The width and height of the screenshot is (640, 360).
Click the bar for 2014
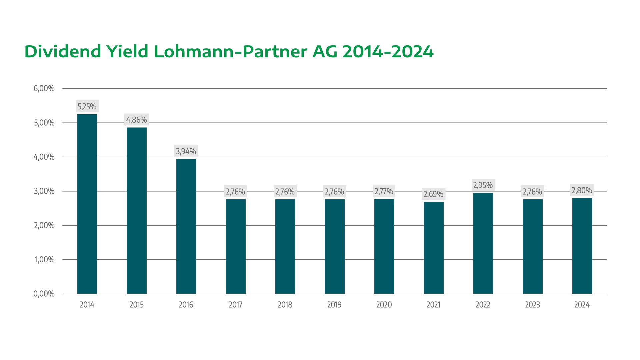click(x=87, y=204)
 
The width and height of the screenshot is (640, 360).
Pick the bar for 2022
click(x=483, y=243)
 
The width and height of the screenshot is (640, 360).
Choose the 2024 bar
click(x=582, y=246)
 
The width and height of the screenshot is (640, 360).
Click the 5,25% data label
click(x=87, y=107)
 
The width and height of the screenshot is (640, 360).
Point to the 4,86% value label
click(x=137, y=120)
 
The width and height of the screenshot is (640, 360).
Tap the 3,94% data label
click(x=186, y=151)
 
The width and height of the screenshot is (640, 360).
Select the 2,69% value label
click(x=434, y=194)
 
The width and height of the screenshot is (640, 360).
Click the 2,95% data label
click(x=483, y=185)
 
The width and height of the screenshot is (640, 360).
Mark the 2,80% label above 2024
click(x=582, y=190)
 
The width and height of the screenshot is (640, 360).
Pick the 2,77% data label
click(x=384, y=191)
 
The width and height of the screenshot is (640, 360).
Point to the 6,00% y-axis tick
click(x=44, y=89)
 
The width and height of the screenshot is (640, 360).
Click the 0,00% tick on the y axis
click(x=44, y=294)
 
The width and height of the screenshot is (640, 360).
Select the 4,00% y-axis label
click(x=44, y=157)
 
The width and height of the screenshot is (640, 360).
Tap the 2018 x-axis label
click(x=285, y=305)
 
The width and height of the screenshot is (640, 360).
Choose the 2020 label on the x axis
click(x=384, y=305)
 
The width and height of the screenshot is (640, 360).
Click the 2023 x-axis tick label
click(x=532, y=305)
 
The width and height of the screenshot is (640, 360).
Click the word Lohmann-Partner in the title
click(x=230, y=52)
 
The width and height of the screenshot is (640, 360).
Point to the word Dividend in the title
click(x=63, y=52)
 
